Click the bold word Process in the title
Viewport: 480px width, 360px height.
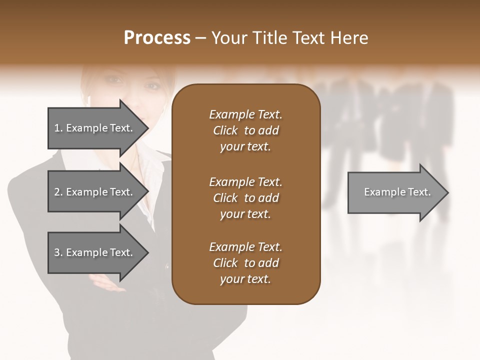click(157, 38)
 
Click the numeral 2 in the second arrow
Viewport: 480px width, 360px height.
click(57, 192)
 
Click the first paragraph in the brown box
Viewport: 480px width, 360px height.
click(245, 130)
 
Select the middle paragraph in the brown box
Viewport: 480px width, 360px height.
click(245, 198)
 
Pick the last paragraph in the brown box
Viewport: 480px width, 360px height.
click(245, 263)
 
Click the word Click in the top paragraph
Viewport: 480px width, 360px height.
click(225, 130)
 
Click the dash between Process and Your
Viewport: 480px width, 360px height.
click(201, 38)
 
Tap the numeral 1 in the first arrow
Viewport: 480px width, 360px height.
click(57, 128)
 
